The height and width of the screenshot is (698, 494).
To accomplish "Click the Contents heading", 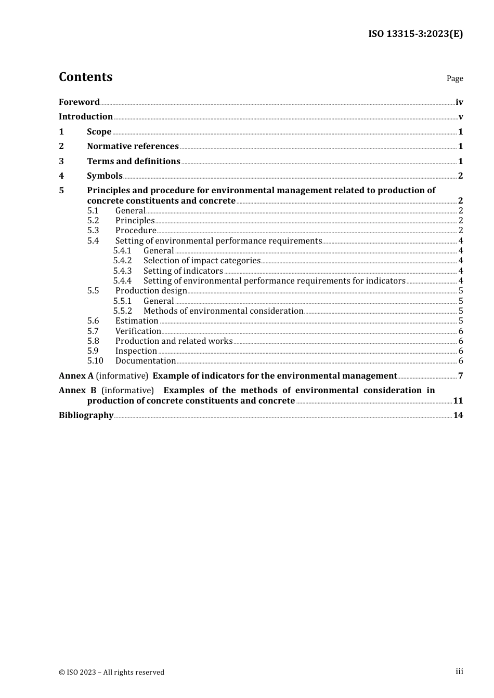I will click(x=85, y=77).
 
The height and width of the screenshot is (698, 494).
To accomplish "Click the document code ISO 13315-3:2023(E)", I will click(x=415, y=34).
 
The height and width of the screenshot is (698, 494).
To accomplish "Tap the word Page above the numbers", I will click(x=454, y=78).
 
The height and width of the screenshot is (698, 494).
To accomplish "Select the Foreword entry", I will click(x=79, y=102).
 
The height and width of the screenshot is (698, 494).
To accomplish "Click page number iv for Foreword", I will click(x=459, y=102).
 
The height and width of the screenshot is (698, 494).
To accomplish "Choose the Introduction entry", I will click(x=86, y=117).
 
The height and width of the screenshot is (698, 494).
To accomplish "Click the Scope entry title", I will click(x=99, y=132).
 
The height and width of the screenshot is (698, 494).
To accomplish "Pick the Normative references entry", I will click(x=133, y=146).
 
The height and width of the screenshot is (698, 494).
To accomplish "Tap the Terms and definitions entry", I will click(x=133, y=162).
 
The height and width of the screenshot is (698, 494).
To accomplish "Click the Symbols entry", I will click(x=105, y=176).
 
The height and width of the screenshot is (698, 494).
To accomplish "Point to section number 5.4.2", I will click(x=122, y=261).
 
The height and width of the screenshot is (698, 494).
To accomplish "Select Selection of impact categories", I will click(x=202, y=261).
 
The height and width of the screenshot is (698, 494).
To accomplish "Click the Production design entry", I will click(x=151, y=291).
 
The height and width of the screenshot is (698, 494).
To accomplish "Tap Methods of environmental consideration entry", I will click(x=223, y=311).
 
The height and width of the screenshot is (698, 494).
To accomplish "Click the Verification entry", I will click(x=138, y=331).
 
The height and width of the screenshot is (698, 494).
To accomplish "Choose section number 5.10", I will click(x=95, y=361).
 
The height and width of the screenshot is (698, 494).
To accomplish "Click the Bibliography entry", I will click(x=86, y=415).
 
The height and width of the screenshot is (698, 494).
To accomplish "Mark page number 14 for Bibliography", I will click(x=458, y=415).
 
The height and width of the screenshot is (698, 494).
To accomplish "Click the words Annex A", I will click(x=76, y=376).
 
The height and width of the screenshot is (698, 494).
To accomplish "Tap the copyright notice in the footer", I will click(x=111, y=673).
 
